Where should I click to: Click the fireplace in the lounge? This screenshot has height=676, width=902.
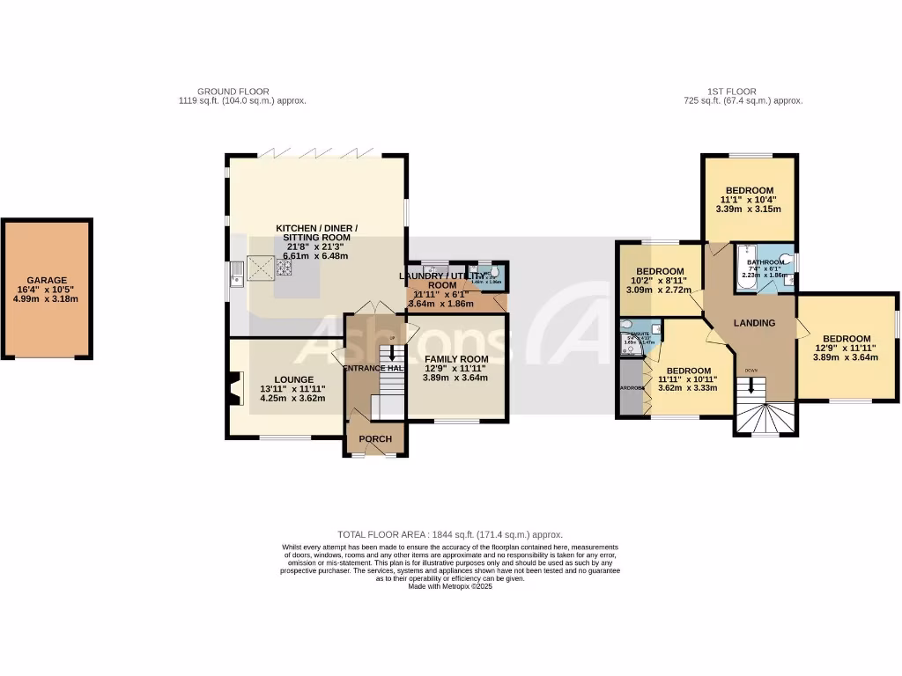coord(232,387)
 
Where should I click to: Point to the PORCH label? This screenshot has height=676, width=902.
coord(375,439)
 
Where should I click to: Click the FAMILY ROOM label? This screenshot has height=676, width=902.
coord(456,359)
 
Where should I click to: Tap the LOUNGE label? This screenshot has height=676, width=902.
coord(292,379)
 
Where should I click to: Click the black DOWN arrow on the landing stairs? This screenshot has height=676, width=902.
coord(750,386)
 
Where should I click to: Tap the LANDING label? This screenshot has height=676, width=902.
coord(755,323)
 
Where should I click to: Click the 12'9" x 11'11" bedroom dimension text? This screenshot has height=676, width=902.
coord(846,349)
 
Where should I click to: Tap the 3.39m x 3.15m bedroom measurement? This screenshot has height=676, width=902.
coord(749,209)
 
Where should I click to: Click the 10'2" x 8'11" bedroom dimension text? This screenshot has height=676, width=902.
coord(661,280)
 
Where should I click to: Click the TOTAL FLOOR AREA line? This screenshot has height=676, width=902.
coord(450,534)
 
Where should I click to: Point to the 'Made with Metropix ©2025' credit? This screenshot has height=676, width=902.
coord(450,586)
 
